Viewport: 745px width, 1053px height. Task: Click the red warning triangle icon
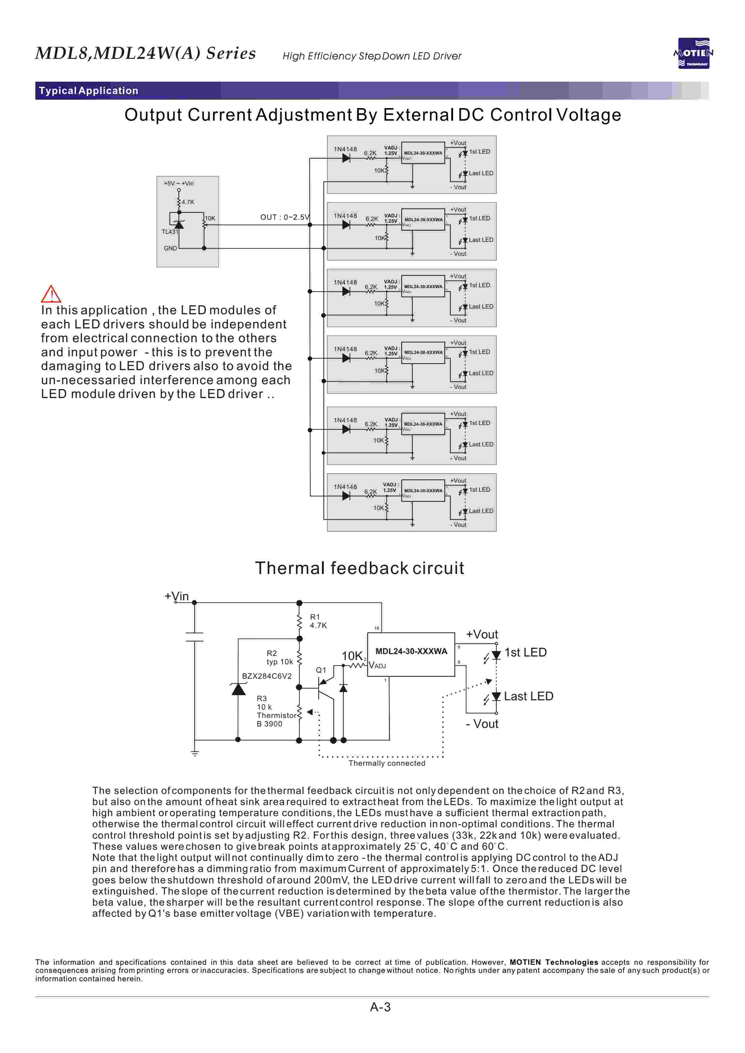(51, 294)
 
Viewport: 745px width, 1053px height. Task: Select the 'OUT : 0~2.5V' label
(285, 217)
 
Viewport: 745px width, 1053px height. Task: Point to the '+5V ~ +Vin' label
(179, 183)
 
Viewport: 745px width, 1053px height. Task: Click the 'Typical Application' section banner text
(89, 90)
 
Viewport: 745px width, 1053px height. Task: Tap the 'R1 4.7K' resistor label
(318, 621)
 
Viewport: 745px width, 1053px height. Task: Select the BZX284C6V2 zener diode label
(266, 676)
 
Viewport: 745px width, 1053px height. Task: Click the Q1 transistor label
(321, 670)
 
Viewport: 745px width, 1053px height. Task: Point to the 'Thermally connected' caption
(387, 763)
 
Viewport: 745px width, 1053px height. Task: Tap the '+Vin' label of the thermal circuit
(177, 596)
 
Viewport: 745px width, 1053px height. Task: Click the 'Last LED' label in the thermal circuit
(528, 696)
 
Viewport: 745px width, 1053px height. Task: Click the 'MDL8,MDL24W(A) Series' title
(146, 53)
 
